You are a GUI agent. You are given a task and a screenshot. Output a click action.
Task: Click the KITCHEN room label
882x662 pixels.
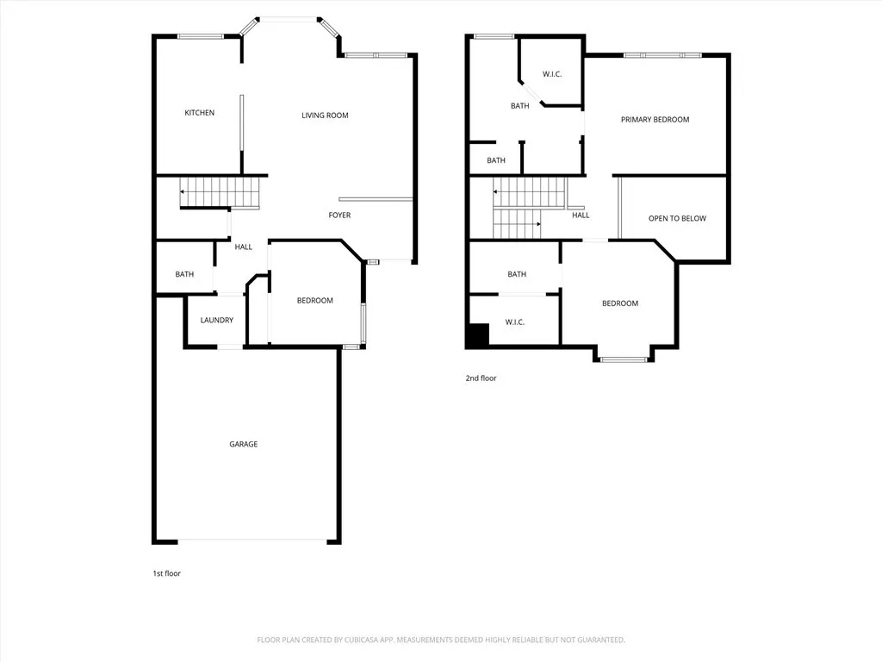[x=199, y=113]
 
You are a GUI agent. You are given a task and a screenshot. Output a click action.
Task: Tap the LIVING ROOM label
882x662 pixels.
[x=325, y=116]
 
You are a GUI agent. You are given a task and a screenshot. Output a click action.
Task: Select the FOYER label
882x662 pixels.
[x=339, y=215]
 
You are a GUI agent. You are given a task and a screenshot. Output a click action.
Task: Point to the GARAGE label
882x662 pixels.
[x=243, y=444]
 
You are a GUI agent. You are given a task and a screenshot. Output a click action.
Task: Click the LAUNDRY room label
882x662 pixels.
[x=216, y=320]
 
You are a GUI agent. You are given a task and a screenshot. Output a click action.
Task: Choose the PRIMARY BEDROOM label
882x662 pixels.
[x=655, y=120]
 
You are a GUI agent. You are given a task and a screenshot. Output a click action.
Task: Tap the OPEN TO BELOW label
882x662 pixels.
[x=677, y=218]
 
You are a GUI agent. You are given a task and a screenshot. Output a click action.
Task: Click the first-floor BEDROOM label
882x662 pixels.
[x=314, y=300]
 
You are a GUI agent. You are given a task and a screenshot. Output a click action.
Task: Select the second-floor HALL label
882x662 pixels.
[x=581, y=215]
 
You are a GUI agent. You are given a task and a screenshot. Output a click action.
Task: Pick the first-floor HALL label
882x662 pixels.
[x=244, y=247]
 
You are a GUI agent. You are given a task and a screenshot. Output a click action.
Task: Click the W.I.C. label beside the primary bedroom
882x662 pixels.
[x=552, y=74]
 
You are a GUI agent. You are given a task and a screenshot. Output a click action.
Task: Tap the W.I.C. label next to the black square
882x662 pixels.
[x=515, y=322]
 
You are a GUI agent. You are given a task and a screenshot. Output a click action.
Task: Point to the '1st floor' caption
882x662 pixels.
[x=166, y=573]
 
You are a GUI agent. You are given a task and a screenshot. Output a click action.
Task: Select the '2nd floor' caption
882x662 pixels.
[x=481, y=378]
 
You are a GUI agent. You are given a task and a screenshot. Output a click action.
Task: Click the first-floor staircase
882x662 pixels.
[x=220, y=191]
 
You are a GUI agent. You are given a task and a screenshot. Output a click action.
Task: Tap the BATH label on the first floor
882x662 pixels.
[x=184, y=274]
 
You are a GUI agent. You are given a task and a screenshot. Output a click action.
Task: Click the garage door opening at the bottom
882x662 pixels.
[x=252, y=541]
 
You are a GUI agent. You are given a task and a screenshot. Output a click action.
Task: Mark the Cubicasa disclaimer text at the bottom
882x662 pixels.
[x=441, y=640]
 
